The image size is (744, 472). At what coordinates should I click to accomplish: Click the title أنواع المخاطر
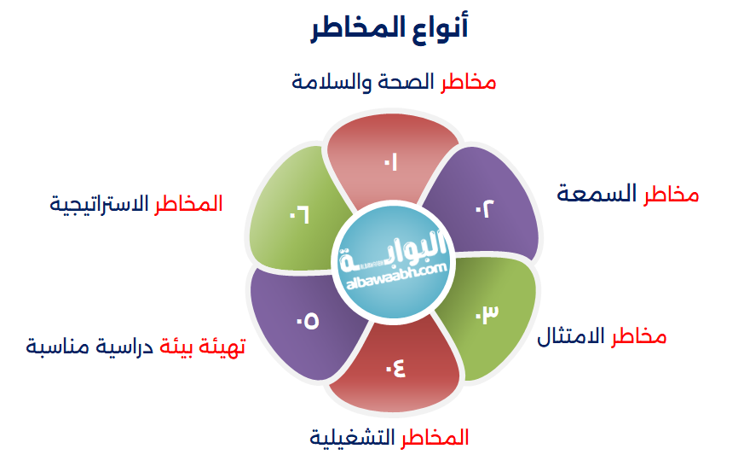[x=389, y=28]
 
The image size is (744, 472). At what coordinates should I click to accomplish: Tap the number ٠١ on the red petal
[x=391, y=162]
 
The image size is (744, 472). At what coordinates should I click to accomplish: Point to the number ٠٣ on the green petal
[x=486, y=313]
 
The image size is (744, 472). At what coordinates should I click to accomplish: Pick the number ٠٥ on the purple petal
[x=307, y=321]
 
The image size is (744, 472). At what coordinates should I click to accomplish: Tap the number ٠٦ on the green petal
[x=297, y=214]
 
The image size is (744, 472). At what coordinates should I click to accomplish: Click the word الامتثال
[x=571, y=336]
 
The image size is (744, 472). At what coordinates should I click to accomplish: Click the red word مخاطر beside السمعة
[x=671, y=195]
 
